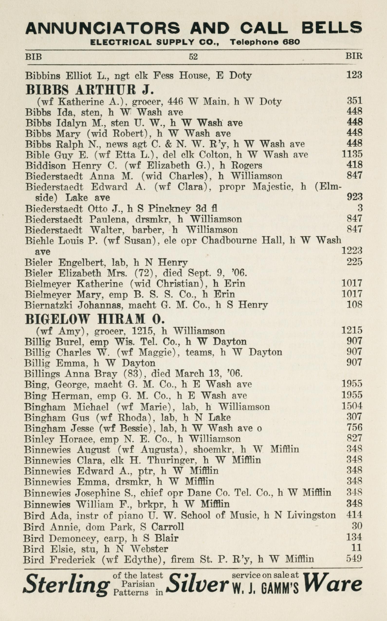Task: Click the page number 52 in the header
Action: [x=193, y=56]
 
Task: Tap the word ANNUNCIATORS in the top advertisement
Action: [x=102, y=28]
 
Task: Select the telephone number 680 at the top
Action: [x=291, y=42]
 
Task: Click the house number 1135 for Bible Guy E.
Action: [x=352, y=154]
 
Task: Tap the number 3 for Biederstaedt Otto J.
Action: [x=360, y=208]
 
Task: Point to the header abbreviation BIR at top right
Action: [x=354, y=56]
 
